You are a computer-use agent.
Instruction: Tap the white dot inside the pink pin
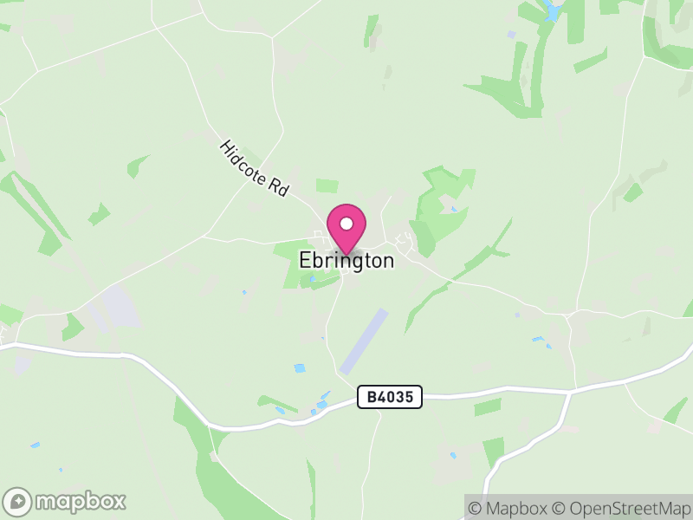[x=346, y=224]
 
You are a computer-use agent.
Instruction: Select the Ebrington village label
[x=346, y=260]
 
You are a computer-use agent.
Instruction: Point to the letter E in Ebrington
[x=305, y=260]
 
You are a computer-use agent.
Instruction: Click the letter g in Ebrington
[x=358, y=262]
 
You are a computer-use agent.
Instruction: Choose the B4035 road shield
[x=390, y=398]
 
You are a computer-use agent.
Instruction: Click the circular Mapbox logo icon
[x=17, y=502]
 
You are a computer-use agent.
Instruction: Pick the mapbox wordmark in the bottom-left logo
[x=79, y=502]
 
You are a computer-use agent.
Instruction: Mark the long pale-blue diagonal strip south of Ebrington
[x=364, y=341]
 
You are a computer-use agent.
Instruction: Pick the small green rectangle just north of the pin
[x=327, y=185]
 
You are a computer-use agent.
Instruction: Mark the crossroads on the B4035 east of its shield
[x=570, y=393]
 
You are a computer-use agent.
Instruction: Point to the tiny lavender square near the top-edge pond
[x=511, y=35]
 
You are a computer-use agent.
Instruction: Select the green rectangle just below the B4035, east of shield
[x=488, y=406]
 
